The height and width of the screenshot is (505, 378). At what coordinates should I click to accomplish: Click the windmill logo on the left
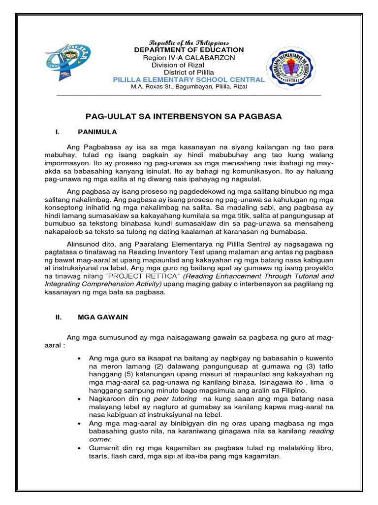click(x=73, y=62)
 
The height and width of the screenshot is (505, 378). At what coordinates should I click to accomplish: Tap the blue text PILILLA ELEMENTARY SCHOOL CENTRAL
click(x=189, y=79)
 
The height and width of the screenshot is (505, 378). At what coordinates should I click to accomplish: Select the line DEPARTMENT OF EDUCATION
click(x=189, y=50)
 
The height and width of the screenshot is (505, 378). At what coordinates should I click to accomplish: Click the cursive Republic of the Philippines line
click(x=189, y=42)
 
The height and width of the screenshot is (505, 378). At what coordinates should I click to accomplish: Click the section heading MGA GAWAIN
click(x=103, y=317)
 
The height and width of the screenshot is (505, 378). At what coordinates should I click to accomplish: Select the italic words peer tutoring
click(x=175, y=398)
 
